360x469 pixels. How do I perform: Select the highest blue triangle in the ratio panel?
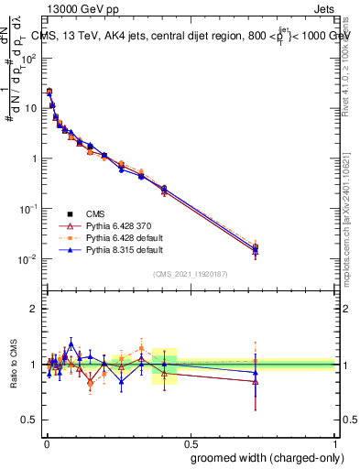tap(71, 344)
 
